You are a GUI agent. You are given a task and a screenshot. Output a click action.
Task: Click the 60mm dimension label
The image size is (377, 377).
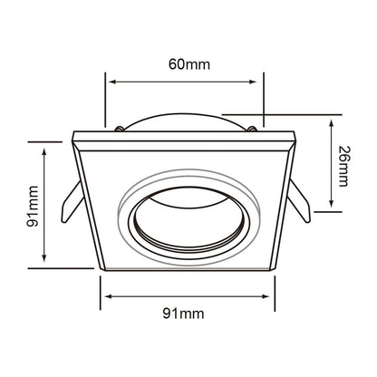tap(189, 64)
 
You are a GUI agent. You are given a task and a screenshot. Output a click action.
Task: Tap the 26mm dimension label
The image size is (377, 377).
tap(343, 166)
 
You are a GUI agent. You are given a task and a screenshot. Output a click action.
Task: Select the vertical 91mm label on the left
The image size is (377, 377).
tap(33, 207)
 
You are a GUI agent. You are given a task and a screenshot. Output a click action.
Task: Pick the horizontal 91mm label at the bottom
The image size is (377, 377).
tap(183, 314)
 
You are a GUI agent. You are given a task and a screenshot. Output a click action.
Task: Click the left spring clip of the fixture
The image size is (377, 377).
tap(72, 201)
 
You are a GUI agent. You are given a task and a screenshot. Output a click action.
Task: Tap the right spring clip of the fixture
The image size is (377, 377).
tap(299, 201)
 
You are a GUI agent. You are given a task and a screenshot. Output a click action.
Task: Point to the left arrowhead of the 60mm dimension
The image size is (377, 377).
tap(112, 82)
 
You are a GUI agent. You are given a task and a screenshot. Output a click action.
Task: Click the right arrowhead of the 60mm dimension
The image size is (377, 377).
tap(253, 82)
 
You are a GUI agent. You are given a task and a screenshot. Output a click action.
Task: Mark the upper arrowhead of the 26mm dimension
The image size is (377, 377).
tap(332, 123)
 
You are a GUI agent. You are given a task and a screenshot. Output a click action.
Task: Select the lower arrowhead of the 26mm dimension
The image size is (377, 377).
tap(332, 203)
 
